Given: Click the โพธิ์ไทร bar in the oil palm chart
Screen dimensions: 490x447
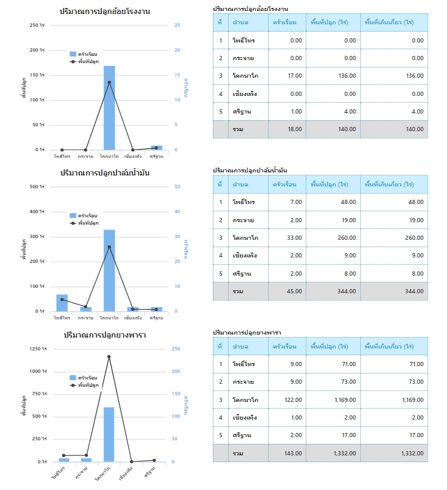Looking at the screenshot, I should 62,302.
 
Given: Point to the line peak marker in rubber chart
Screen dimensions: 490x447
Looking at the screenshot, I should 109,356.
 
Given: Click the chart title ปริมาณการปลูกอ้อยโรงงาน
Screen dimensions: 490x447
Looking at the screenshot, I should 105,12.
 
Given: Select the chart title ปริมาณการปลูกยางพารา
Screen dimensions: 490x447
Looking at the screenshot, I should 105,335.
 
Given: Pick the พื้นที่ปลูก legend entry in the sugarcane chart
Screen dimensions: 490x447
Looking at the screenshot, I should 89,61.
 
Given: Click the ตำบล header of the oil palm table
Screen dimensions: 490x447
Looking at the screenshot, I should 240,185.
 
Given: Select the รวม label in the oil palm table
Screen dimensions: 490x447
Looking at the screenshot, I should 238,292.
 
